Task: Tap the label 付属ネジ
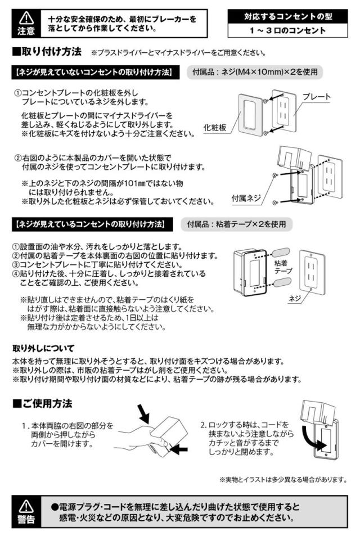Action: [246, 198]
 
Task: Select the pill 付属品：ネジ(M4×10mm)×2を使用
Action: [255, 73]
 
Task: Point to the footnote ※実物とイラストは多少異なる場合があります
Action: [282, 479]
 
